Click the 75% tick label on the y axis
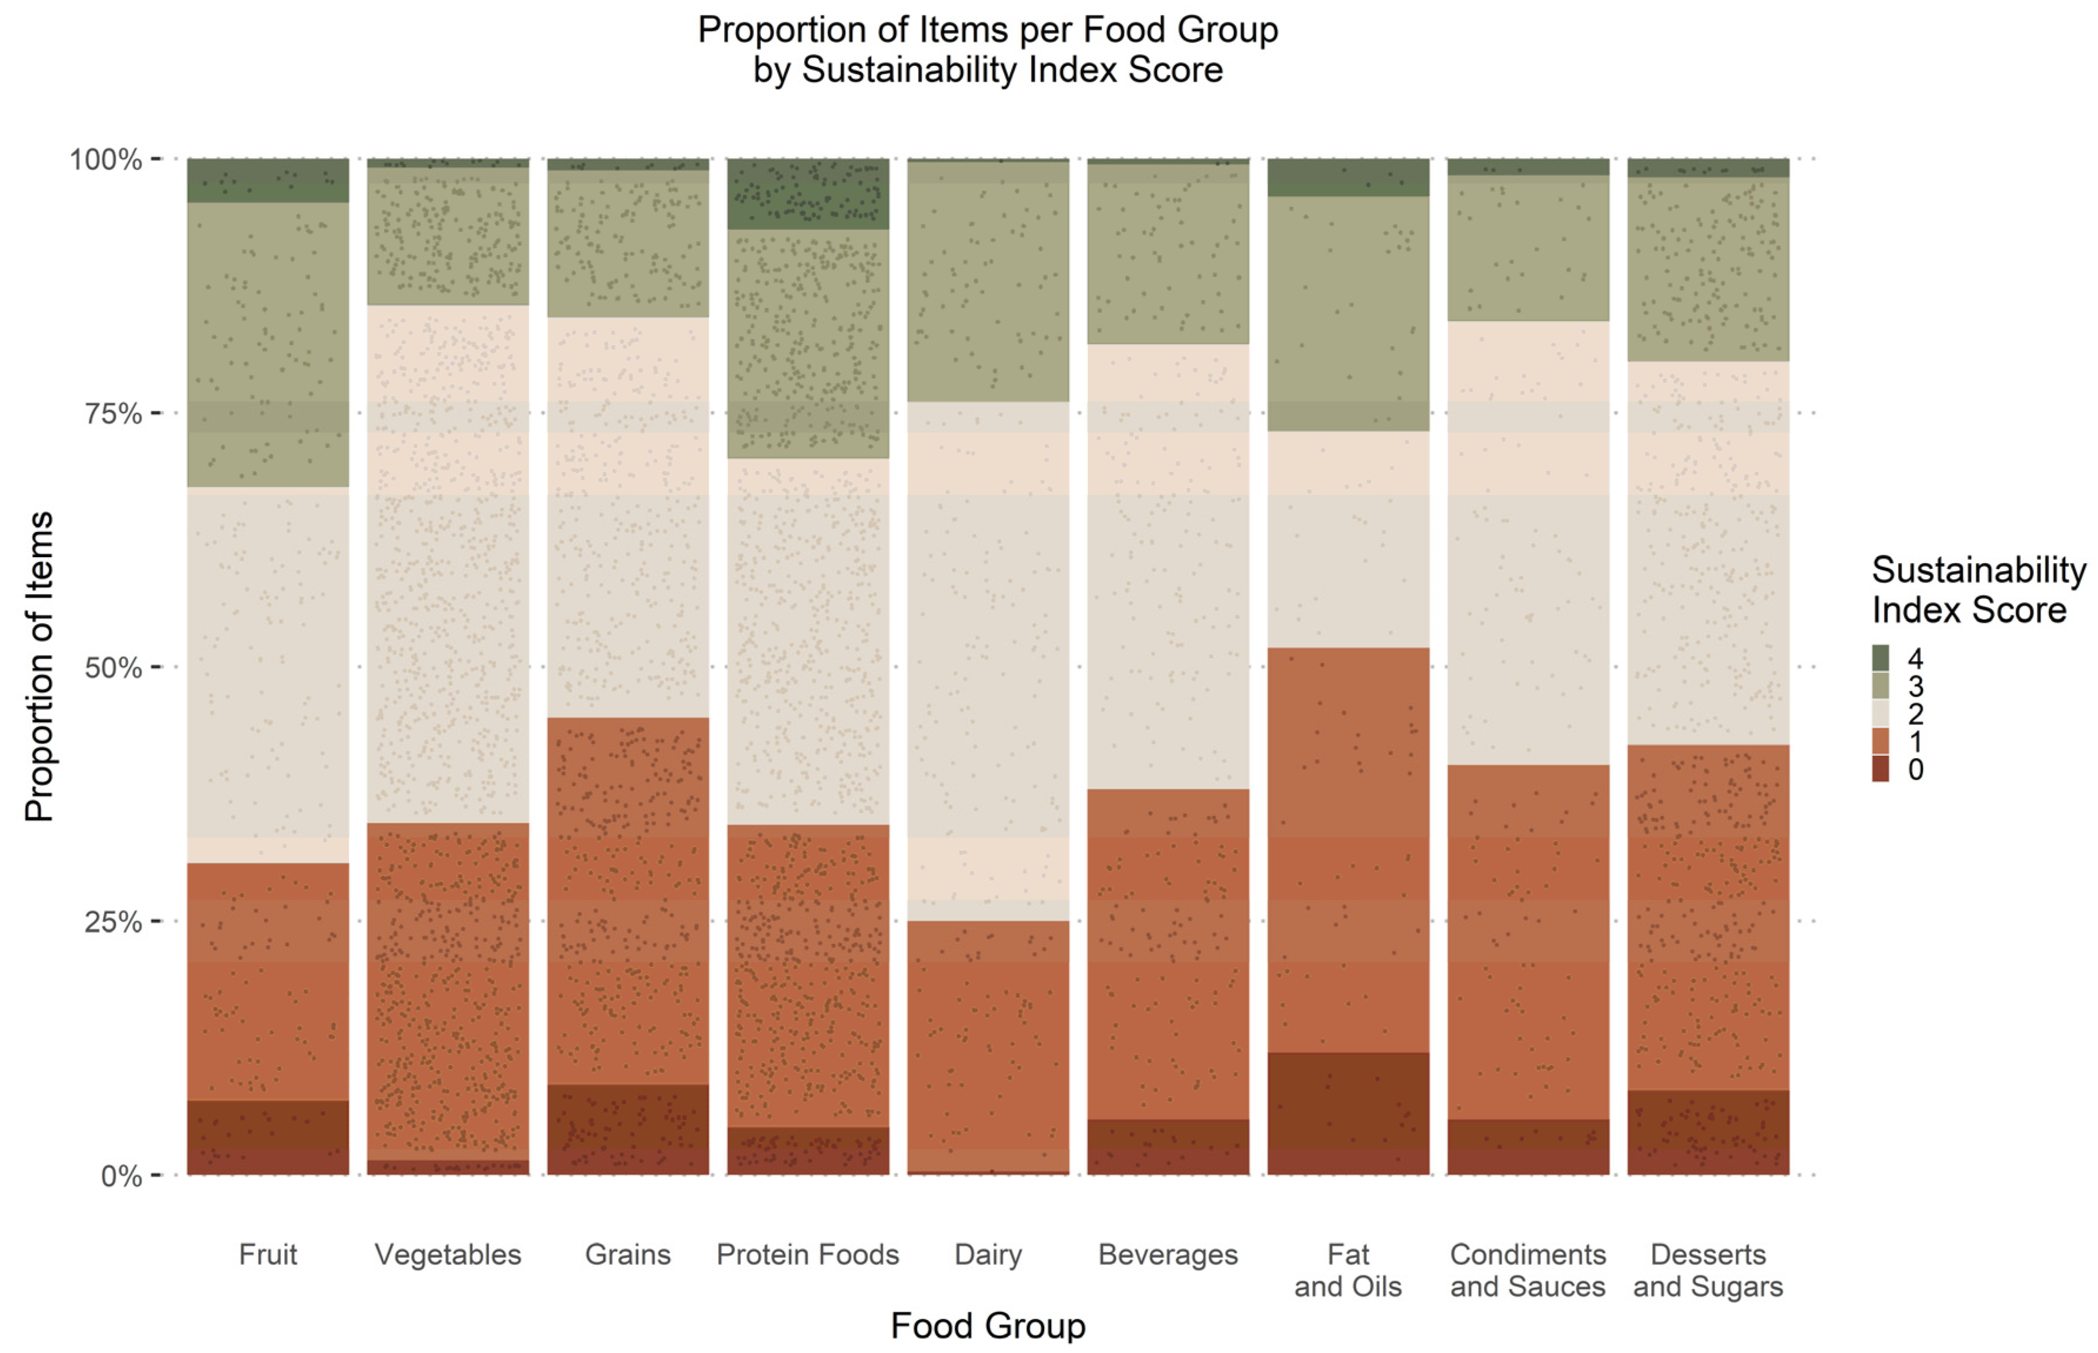point(112,413)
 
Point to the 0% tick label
point(121,1175)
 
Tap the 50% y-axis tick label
point(112,668)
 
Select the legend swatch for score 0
point(1880,769)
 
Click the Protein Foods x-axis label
point(807,1255)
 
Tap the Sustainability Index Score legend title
point(1977,590)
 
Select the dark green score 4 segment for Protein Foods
point(807,194)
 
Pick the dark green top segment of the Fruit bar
point(267,181)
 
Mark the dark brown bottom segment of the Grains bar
point(628,1130)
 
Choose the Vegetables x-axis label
point(448,1255)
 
